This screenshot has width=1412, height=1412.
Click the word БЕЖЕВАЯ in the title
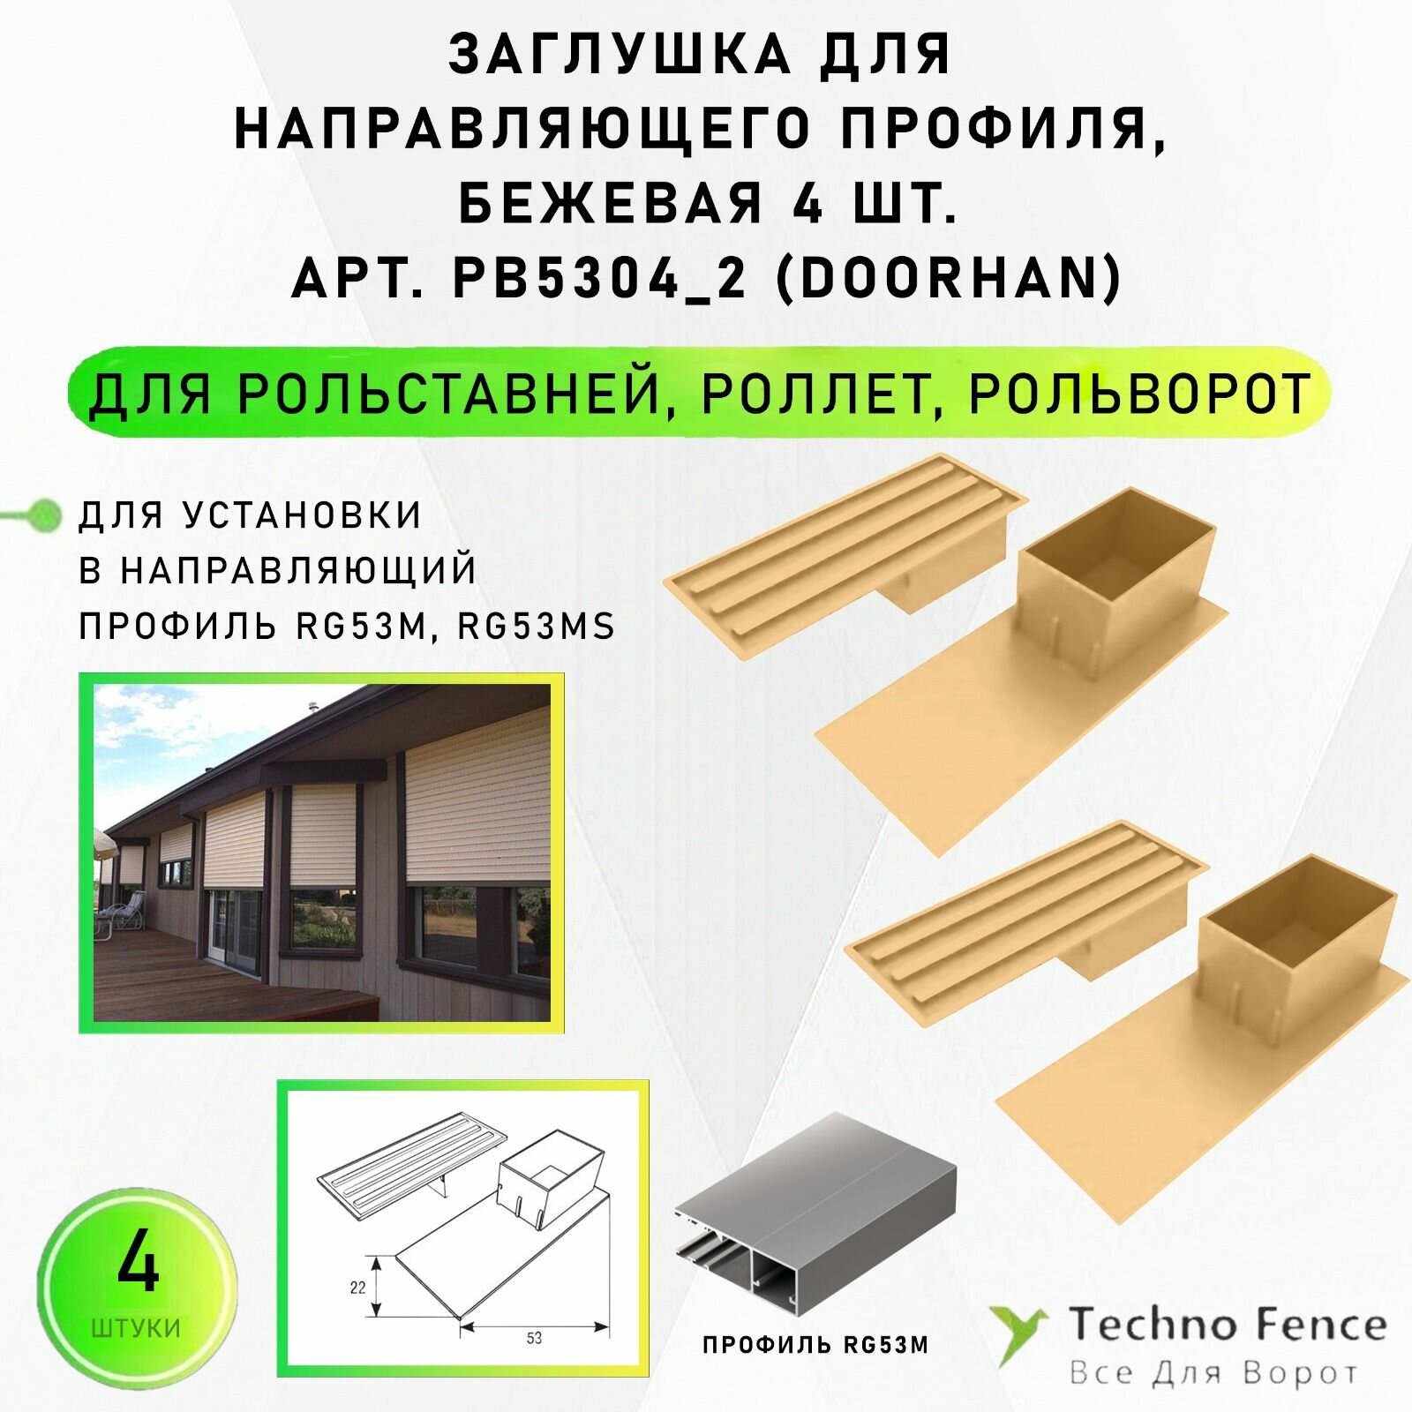pyautogui.click(x=610, y=206)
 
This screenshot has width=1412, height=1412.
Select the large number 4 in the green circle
pyautogui.click(x=138, y=1266)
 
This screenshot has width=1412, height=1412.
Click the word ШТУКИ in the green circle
pyautogui.click(x=136, y=1328)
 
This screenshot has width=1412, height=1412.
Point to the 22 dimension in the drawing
pyautogui.click(x=357, y=1288)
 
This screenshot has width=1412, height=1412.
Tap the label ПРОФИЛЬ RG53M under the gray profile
pyautogui.click(x=815, y=1371)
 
